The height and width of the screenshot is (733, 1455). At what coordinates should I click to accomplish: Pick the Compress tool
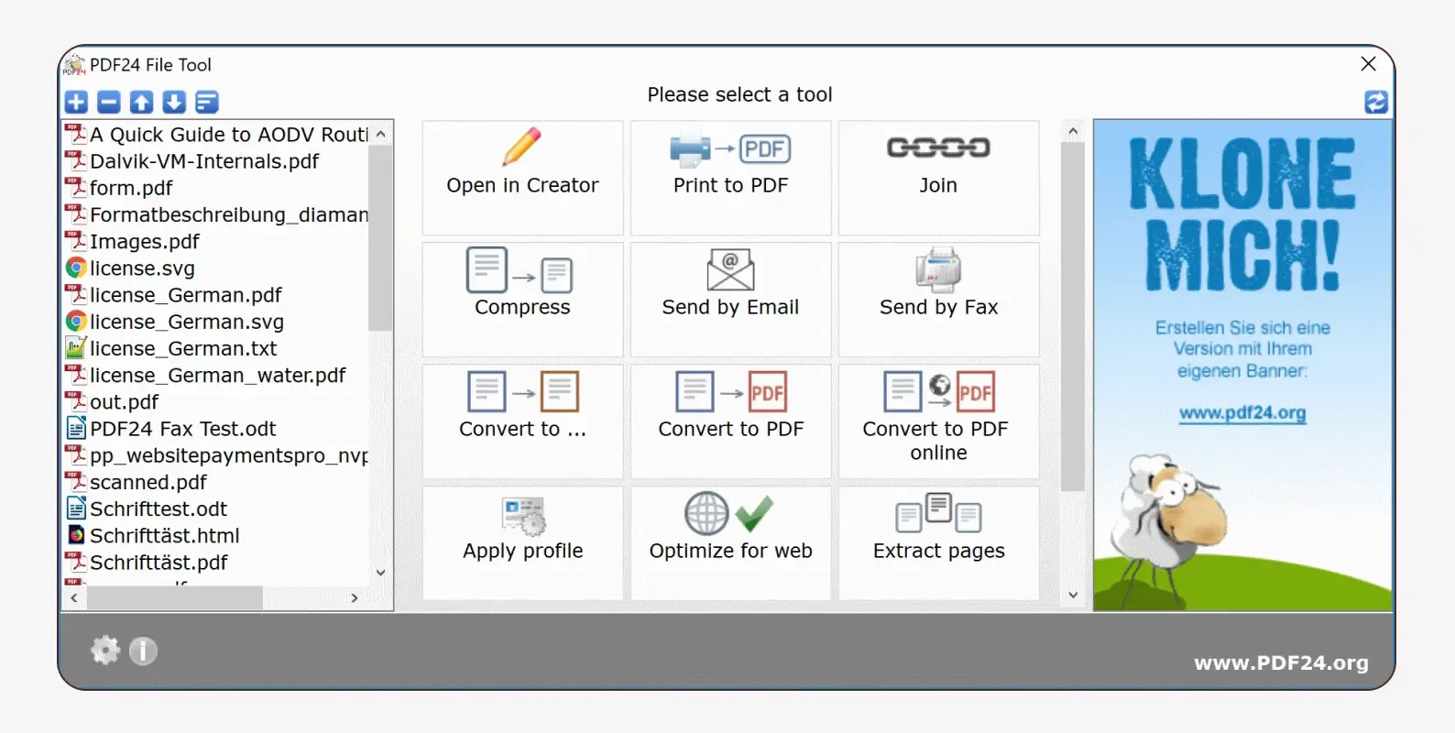point(522,299)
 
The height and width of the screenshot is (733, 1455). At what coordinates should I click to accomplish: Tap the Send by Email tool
point(730,299)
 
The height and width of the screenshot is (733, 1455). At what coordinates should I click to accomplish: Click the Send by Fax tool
point(938,299)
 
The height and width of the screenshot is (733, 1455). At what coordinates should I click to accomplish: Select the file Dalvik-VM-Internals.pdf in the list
point(204,161)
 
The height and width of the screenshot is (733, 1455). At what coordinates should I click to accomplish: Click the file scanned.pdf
point(148,482)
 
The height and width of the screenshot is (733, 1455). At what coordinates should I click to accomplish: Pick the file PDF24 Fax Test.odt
point(182,429)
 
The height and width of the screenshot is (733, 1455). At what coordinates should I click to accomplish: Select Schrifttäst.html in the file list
point(164,535)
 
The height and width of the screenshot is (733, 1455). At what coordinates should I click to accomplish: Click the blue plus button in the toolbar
point(77,102)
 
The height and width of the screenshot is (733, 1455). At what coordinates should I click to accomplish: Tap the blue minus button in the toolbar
point(109,102)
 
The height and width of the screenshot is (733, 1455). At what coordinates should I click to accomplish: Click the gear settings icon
point(105,651)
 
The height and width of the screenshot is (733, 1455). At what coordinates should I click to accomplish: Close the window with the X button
point(1368,64)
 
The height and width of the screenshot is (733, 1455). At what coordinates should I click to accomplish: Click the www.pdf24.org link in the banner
point(1242,413)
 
